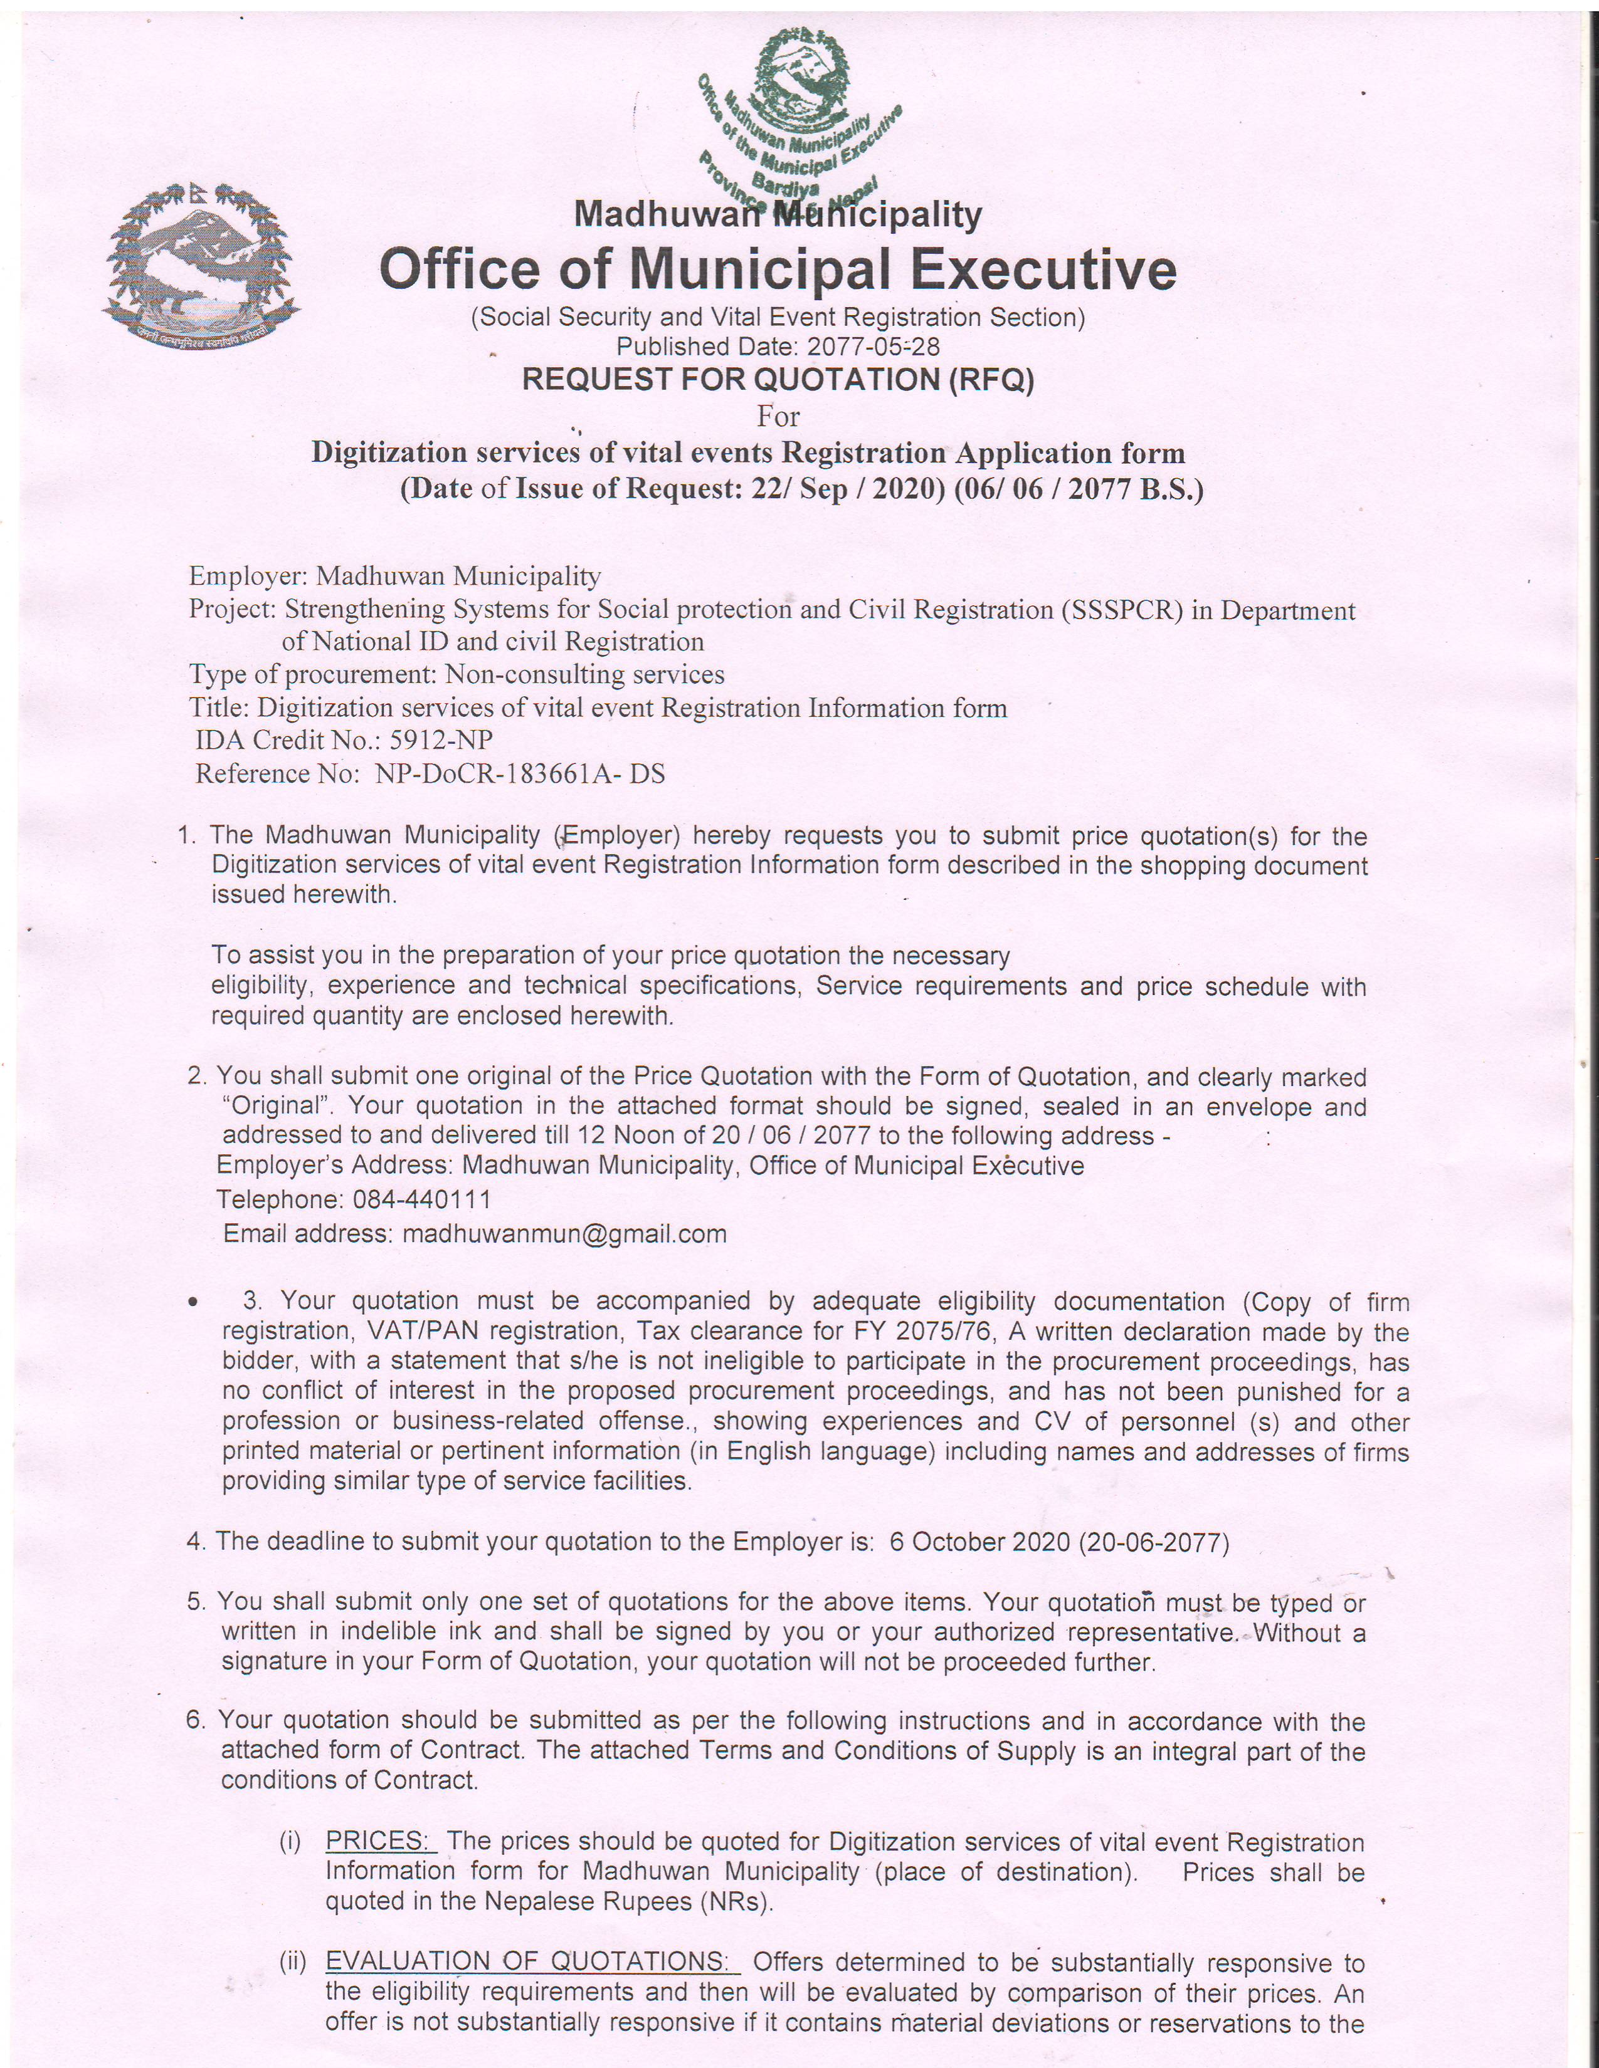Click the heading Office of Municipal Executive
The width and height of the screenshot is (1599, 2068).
coord(778,270)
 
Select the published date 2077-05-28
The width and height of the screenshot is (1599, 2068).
coord(872,348)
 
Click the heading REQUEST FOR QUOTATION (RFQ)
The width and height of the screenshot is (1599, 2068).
coord(778,380)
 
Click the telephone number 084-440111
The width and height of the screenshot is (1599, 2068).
coord(421,1199)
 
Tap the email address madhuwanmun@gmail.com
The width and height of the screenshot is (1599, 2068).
coord(564,1234)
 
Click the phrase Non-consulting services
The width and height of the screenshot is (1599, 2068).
coord(584,674)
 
